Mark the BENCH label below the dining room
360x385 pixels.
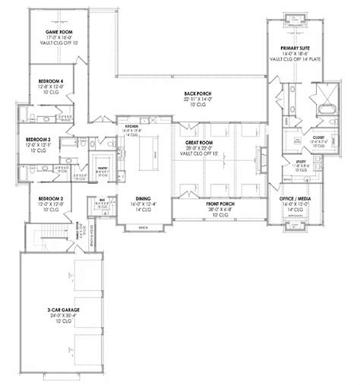pos(141,228)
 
